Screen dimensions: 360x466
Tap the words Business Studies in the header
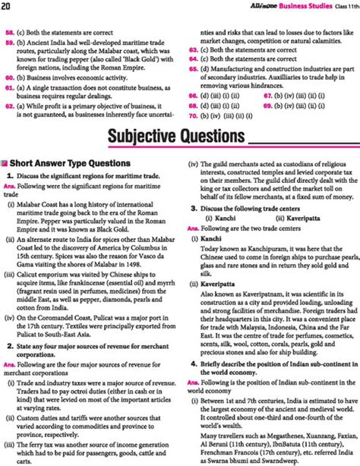click(x=308, y=6)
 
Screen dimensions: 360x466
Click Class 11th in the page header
click(x=346, y=6)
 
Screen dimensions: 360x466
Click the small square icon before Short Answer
click(x=6, y=168)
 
